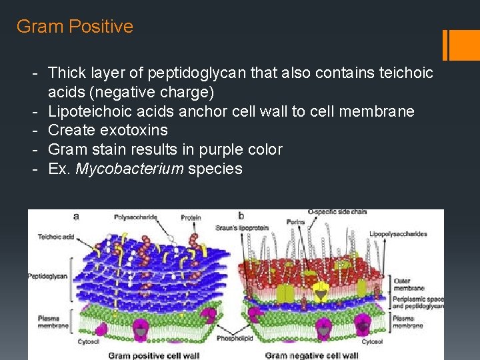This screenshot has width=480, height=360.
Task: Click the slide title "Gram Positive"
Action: click(x=75, y=27)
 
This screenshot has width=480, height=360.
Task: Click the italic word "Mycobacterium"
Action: click(x=130, y=169)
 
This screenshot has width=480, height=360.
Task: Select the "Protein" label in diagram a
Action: click(x=192, y=218)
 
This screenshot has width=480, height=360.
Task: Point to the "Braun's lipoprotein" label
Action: click(x=242, y=228)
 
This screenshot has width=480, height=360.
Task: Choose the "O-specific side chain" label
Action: click(x=337, y=213)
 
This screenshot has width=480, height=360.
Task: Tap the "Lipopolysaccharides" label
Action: click(x=398, y=234)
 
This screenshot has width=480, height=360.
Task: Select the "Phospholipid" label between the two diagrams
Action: click(x=232, y=339)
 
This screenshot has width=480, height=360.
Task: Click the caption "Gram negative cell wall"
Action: click(x=311, y=355)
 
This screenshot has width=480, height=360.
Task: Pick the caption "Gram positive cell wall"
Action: click(x=153, y=355)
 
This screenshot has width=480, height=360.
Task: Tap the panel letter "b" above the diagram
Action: click(x=241, y=216)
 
